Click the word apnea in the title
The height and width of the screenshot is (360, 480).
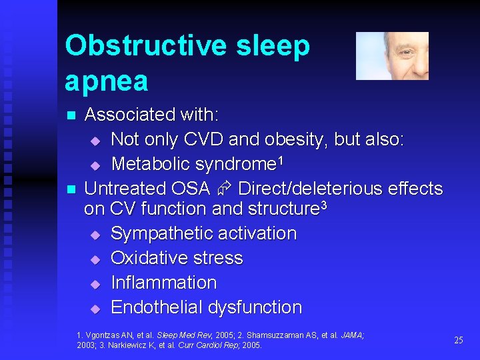click(x=107, y=81)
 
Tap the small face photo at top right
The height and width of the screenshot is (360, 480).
click(x=392, y=56)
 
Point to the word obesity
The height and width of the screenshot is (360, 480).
click(x=295, y=140)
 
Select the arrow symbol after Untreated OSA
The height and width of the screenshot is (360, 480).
click(x=224, y=189)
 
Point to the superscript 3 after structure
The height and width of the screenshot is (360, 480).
click(x=323, y=205)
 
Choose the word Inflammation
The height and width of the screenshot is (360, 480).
click(x=163, y=283)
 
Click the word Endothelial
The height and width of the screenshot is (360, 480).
click(x=157, y=307)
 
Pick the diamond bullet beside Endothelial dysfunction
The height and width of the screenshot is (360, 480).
click(x=95, y=309)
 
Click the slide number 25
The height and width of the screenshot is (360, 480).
click(x=458, y=340)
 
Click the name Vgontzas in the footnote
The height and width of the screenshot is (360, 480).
click(x=100, y=335)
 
